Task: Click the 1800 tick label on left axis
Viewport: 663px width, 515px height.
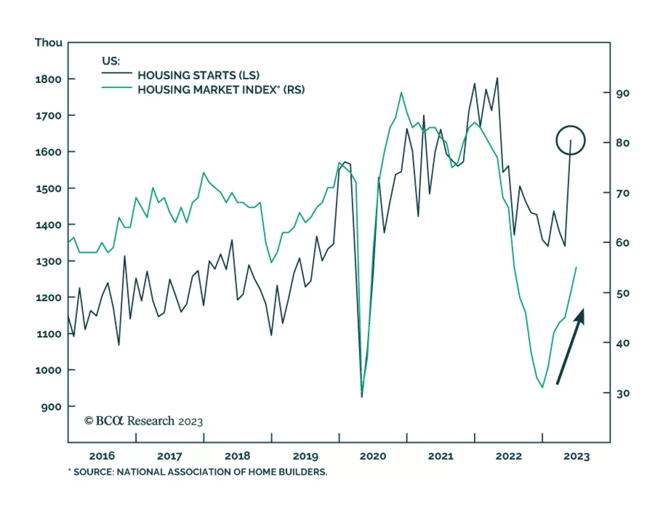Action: (48, 79)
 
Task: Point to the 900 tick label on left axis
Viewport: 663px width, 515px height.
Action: (51, 407)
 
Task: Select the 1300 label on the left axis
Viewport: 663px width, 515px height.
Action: (48, 261)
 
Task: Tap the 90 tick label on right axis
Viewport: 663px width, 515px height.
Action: (622, 93)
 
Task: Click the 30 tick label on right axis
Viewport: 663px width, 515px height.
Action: (622, 393)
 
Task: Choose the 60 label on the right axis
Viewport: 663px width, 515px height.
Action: (622, 243)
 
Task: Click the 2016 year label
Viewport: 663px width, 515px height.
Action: (102, 456)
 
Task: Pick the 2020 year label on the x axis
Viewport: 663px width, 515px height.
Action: (373, 456)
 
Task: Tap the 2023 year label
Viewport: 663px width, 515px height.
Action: (576, 456)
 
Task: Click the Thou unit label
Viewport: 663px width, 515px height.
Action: (48, 43)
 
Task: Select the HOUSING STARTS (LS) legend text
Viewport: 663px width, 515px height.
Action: (198, 75)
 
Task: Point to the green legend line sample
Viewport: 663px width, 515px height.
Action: (117, 87)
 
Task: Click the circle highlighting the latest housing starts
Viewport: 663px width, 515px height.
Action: (571, 140)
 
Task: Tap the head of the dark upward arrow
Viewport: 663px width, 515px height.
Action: (580, 315)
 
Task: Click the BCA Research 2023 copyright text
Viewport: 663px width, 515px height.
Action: (144, 421)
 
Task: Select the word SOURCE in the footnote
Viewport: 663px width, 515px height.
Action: (93, 472)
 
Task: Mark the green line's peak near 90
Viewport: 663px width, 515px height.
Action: (401, 92)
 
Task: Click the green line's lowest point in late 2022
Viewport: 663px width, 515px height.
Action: (542, 387)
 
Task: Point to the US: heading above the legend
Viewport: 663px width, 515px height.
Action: (111, 61)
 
